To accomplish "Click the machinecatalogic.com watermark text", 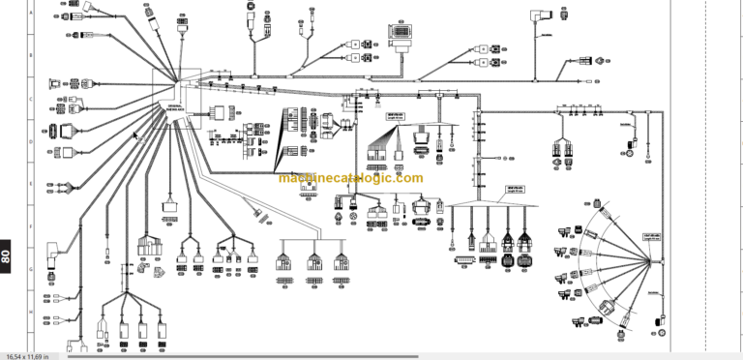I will click(x=350, y=178).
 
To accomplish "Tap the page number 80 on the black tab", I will click(x=7, y=256).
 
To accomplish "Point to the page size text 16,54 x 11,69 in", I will click(x=33, y=355).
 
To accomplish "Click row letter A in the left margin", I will click(x=31, y=14).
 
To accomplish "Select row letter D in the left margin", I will click(x=31, y=141).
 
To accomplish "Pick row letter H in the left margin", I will click(x=31, y=312).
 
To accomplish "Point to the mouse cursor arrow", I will click(x=136, y=135).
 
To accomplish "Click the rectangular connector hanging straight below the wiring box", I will click(x=169, y=204).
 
